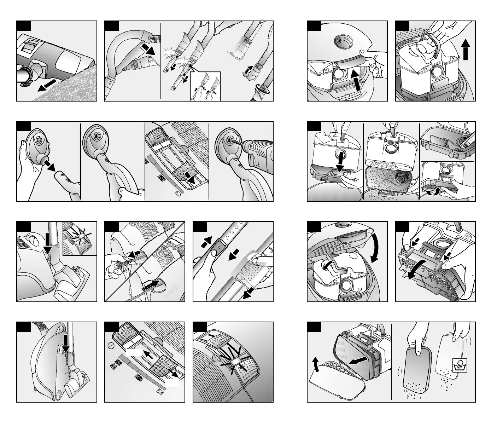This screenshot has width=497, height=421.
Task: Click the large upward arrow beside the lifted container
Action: (466, 50)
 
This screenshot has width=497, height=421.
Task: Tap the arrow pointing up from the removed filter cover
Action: (316, 364)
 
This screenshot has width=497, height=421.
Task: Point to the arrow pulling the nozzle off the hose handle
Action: (147, 50)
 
